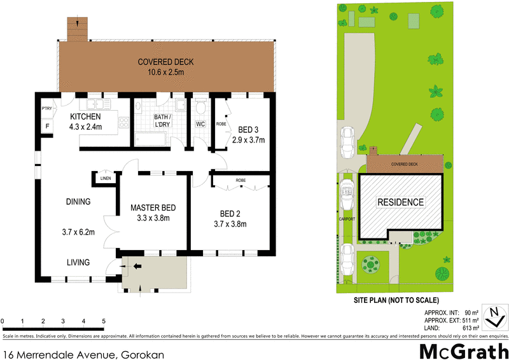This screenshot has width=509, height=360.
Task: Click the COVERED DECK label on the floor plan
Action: tap(166, 62)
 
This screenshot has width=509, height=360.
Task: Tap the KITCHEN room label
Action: tap(85, 117)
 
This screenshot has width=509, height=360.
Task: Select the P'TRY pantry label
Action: tap(46, 109)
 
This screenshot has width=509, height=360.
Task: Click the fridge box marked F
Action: tap(46, 126)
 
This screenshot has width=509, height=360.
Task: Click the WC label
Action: tap(200, 123)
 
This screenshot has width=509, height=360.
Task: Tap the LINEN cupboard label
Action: tap(105, 179)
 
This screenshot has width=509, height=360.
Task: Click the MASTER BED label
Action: tap(153, 208)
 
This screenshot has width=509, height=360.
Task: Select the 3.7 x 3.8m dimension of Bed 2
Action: tap(230, 224)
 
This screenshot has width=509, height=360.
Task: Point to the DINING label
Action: tap(78, 202)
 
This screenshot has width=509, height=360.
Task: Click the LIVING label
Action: tap(79, 262)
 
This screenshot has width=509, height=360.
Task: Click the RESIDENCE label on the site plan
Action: tap(400, 202)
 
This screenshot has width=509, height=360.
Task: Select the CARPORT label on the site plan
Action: tap(347, 219)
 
